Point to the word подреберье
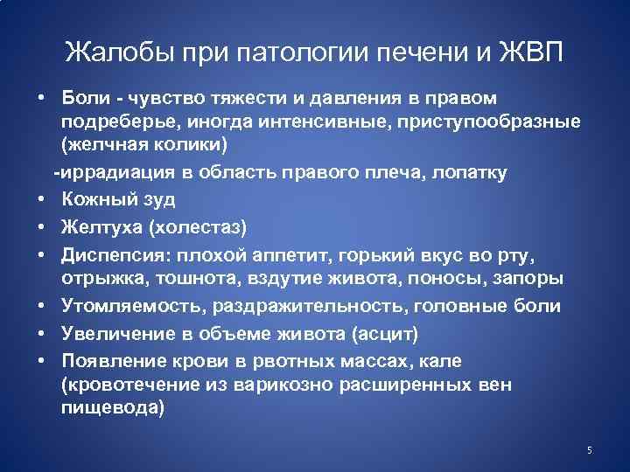tap(116, 119)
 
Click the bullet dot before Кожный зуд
tap(41, 200)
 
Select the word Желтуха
tap(101, 227)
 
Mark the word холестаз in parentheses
tap(200, 227)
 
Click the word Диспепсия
tap(115, 254)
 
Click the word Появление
tap(115, 362)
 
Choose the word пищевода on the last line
tap(111, 408)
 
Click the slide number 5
tap(590, 450)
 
